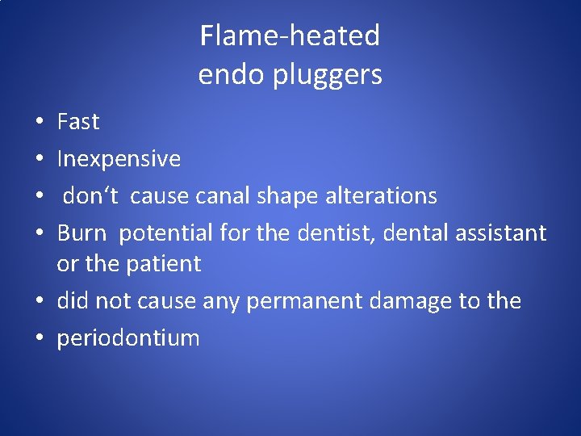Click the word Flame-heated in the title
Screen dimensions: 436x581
(290, 36)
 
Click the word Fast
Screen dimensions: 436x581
(78, 122)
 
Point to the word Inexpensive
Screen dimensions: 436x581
(119, 159)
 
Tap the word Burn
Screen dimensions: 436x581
(82, 233)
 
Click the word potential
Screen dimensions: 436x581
(165, 233)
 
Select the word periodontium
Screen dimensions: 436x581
(127, 338)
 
